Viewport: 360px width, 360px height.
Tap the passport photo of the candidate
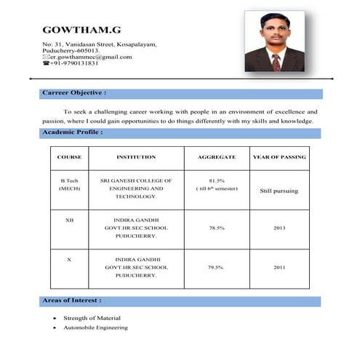click(274, 41)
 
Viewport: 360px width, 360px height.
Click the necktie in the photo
click(276, 61)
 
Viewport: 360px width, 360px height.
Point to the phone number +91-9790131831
click(74, 63)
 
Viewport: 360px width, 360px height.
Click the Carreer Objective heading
click(74, 93)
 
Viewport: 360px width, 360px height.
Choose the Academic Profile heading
click(72, 132)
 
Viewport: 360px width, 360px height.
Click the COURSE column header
click(69, 157)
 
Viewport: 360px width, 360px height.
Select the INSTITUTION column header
click(136, 157)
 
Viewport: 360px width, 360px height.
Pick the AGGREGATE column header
click(216, 157)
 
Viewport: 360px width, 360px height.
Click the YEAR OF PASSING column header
click(279, 157)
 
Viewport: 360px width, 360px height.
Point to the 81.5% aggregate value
click(216, 180)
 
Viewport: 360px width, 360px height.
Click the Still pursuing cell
click(279, 191)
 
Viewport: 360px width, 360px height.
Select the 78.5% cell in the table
click(216, 228)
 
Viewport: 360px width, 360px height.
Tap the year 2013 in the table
click(279, 228)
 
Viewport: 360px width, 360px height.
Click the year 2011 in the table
click(279, 268)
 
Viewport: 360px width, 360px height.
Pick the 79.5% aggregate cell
click(216, 268)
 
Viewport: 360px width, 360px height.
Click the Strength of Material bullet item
click(92, 318)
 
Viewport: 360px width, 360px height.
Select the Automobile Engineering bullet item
click(95, 327)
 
